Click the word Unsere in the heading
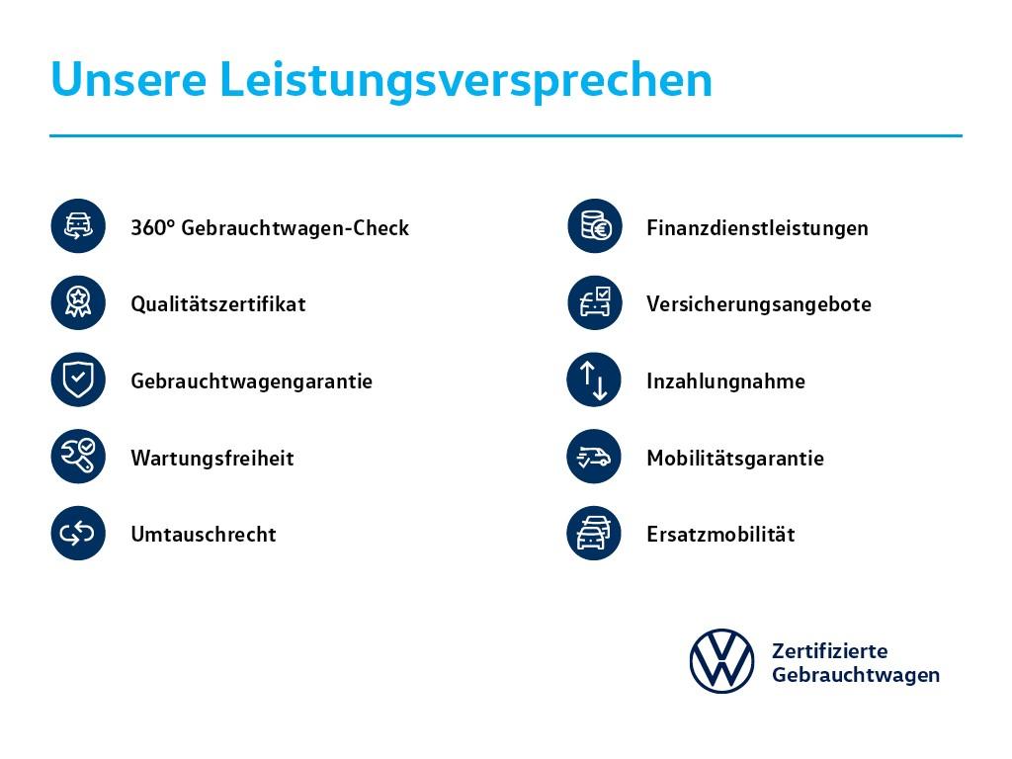tap(128, 80)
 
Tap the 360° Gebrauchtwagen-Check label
tap(270, 228)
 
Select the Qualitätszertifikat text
tap(218, 304)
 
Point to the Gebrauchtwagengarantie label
tap(252, 381)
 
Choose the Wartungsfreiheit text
tap(212, 458)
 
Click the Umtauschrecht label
tap(204, 534)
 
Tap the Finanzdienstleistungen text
tap(757, 228)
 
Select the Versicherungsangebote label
tap(759, 304)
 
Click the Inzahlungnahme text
tap(725, 381)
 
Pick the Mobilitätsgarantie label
tap(735, 458)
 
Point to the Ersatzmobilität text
tap(720, 534)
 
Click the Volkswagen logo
tap(721, 661)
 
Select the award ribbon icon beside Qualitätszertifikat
tap(78, 302)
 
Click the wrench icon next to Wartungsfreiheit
tap(78, 457)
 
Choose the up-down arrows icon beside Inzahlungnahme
tap(594, 379)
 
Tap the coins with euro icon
tap(595, 226)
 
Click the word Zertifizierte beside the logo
tap(829, 650)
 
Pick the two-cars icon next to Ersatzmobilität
tap(594, 533)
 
